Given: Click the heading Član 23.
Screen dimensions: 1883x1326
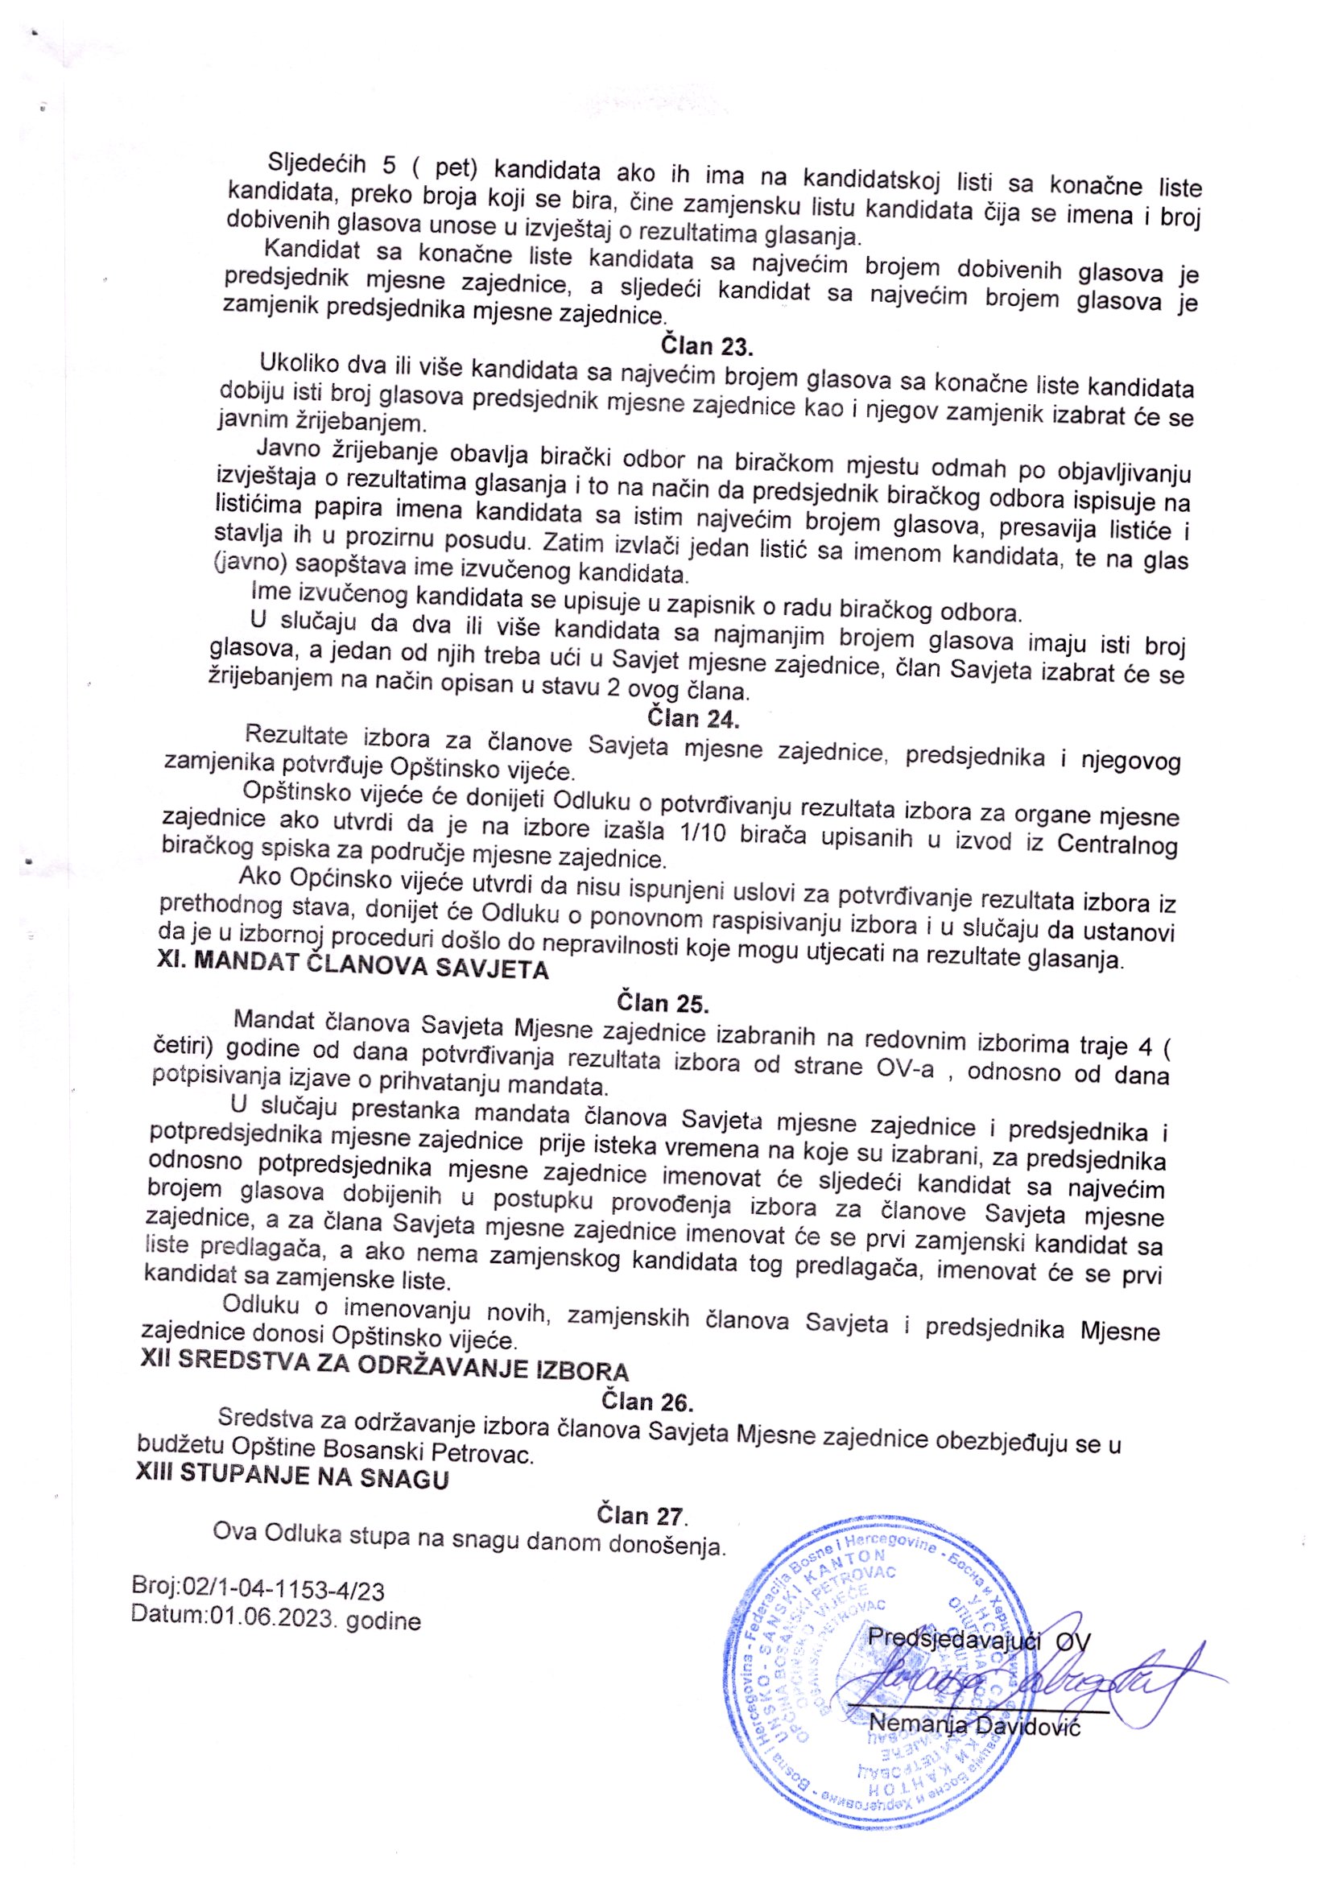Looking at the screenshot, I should click(x=706, y=346).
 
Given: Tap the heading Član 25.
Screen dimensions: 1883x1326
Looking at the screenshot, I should click(x=662, y=1002).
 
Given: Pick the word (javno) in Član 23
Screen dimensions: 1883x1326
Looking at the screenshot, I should click(x=245, y=565).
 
